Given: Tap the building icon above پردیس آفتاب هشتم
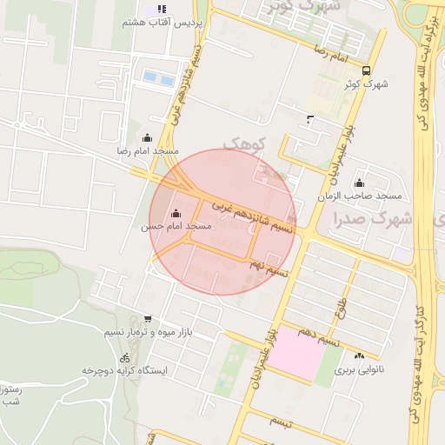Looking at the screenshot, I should [x=161, y=10].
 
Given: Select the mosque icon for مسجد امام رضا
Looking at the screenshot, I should [x=146, y=137].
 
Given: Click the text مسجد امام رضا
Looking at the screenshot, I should [x=148, y=150].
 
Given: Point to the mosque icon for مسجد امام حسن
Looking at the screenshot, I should [x=177, y=213].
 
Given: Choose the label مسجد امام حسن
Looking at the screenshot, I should [x=176, y=226].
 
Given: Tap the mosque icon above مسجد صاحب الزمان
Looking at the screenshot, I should [x=359, y=183].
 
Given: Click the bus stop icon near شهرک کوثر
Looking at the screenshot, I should [x=366, y=70].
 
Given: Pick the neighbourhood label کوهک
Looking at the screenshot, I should [x=242, y=142].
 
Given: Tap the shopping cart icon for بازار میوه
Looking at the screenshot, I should [x=147, y=319].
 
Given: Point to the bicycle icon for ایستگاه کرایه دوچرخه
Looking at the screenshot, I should [x=125, y=357].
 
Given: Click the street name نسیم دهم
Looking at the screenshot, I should [x=316, y=338].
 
